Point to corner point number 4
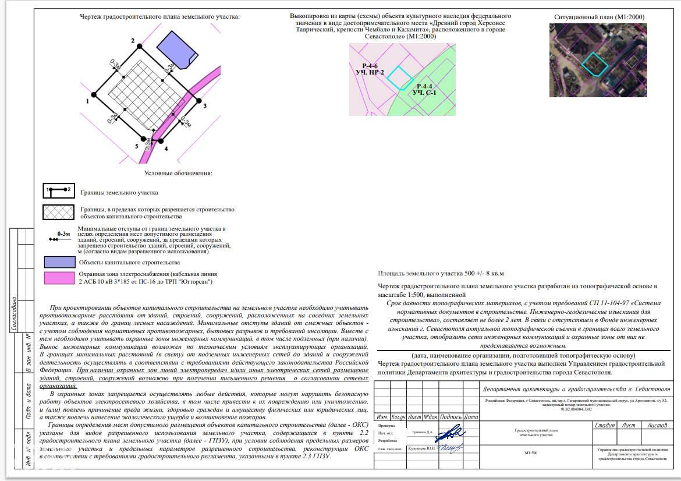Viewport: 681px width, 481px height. pos(161,140)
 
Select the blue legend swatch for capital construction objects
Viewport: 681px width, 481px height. pos(59,261)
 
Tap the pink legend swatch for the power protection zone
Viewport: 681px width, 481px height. pos(59,278)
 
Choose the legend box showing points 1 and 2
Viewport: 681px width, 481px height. pos(59,191)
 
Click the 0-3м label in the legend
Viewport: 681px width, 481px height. pos(63,234)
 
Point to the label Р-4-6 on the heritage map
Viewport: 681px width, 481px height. pos(370,66)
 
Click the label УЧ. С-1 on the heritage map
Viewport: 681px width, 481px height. pos(424,93)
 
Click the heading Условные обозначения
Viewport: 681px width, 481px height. pos(178,173)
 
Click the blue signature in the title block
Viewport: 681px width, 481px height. pos(450,433)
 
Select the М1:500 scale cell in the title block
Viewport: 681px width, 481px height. pos(530,453)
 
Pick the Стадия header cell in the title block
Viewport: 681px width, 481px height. pos(605,426)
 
